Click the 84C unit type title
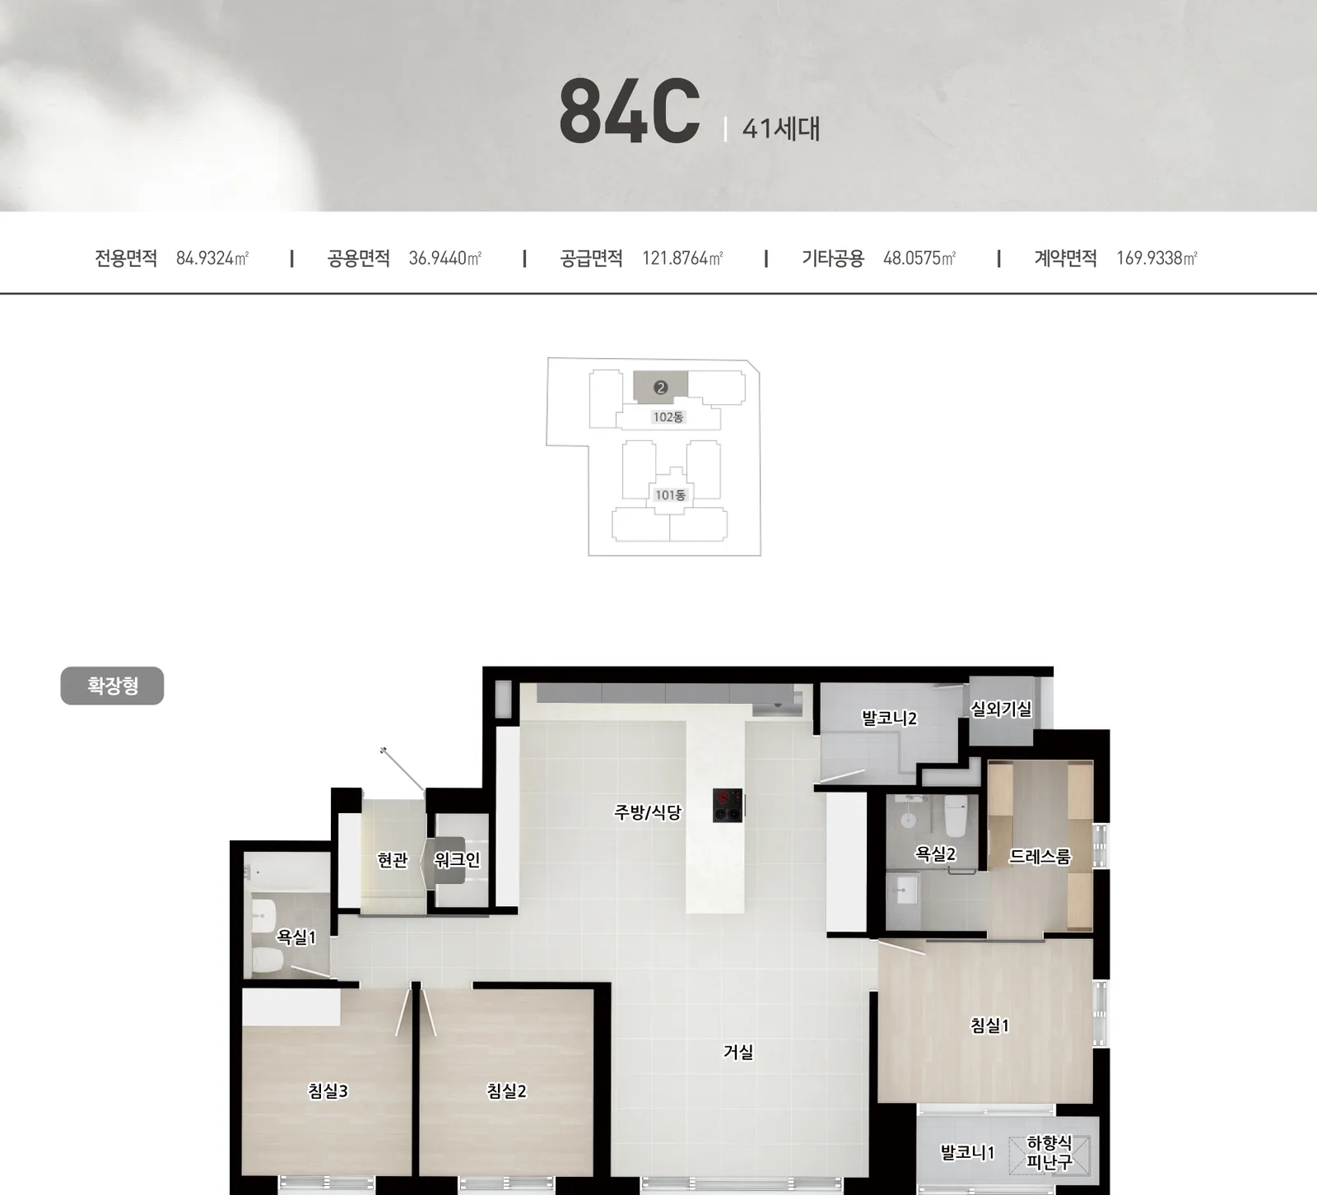point(630,112)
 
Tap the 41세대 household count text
point(781,128)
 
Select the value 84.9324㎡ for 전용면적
point(212,258)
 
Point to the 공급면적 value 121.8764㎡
point(682,258)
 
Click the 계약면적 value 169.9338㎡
point(1156,258)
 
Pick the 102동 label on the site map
point(668,417)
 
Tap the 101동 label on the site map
point(670,495)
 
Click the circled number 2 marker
point(660,388)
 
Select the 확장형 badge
point(112,686)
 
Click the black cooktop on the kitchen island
point(728,805)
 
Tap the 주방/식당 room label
point(648,812)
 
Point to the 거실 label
point(738,1052)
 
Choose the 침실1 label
point(989,1025)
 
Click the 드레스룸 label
point(1040,857)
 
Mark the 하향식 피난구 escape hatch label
point(1049,1153)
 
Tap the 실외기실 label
point(1001,709)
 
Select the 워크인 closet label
point(457,860)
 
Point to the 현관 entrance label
point(393,860)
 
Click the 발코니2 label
point(889,718)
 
